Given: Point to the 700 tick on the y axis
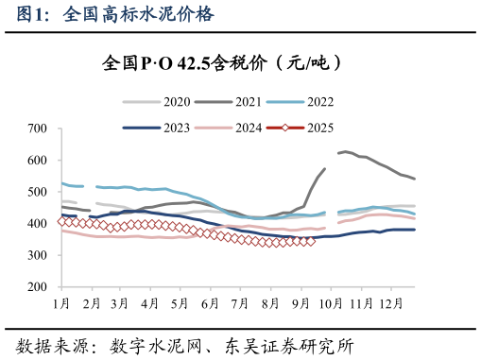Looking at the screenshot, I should point(39,128).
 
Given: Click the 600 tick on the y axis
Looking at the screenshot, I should point(39,160).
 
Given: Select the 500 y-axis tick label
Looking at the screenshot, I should point(39,192).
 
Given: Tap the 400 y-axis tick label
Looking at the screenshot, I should point(39,224).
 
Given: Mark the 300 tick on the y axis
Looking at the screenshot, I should point(39,255).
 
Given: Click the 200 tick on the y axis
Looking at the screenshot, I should point(39,287).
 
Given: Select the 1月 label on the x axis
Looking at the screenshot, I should point(61,302).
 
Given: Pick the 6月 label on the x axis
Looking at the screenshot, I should point(210,302).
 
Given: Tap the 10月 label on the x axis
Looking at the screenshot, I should point(332,302).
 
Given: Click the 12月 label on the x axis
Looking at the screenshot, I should point(391,302).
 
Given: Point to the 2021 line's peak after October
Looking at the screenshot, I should point(345,151).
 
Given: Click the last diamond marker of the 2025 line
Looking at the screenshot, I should point(311,241).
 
